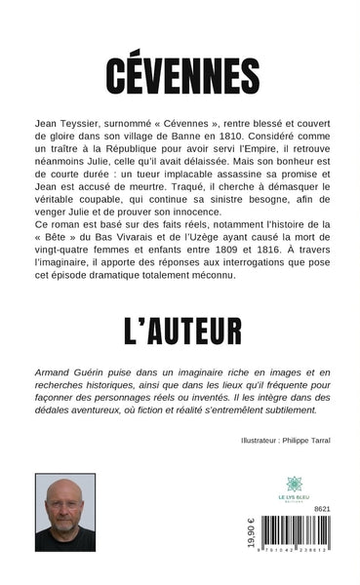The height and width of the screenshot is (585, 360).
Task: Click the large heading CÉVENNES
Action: [x=180, y=73]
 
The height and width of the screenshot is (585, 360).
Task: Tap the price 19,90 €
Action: [x=252, y=536]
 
